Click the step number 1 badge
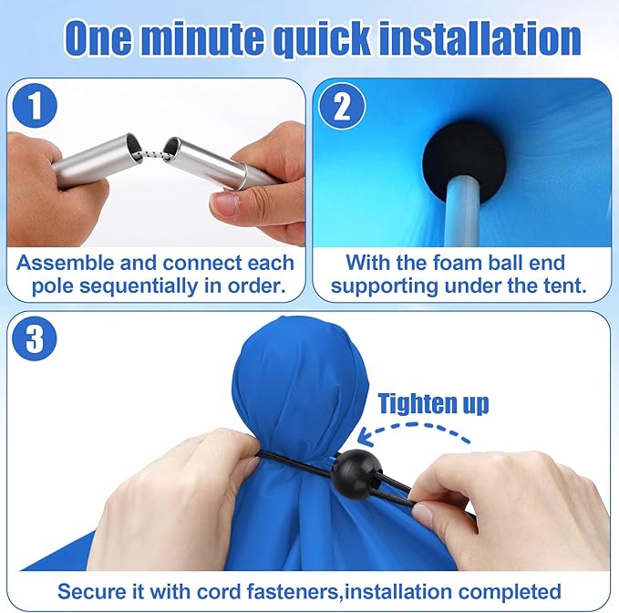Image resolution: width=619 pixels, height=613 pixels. (36, 108)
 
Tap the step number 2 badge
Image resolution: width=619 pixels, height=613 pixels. (343, 108)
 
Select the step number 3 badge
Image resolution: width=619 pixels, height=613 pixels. (36, 338)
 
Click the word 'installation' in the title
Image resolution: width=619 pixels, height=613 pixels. (480, 38)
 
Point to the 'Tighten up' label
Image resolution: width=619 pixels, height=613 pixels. (433, 403)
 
